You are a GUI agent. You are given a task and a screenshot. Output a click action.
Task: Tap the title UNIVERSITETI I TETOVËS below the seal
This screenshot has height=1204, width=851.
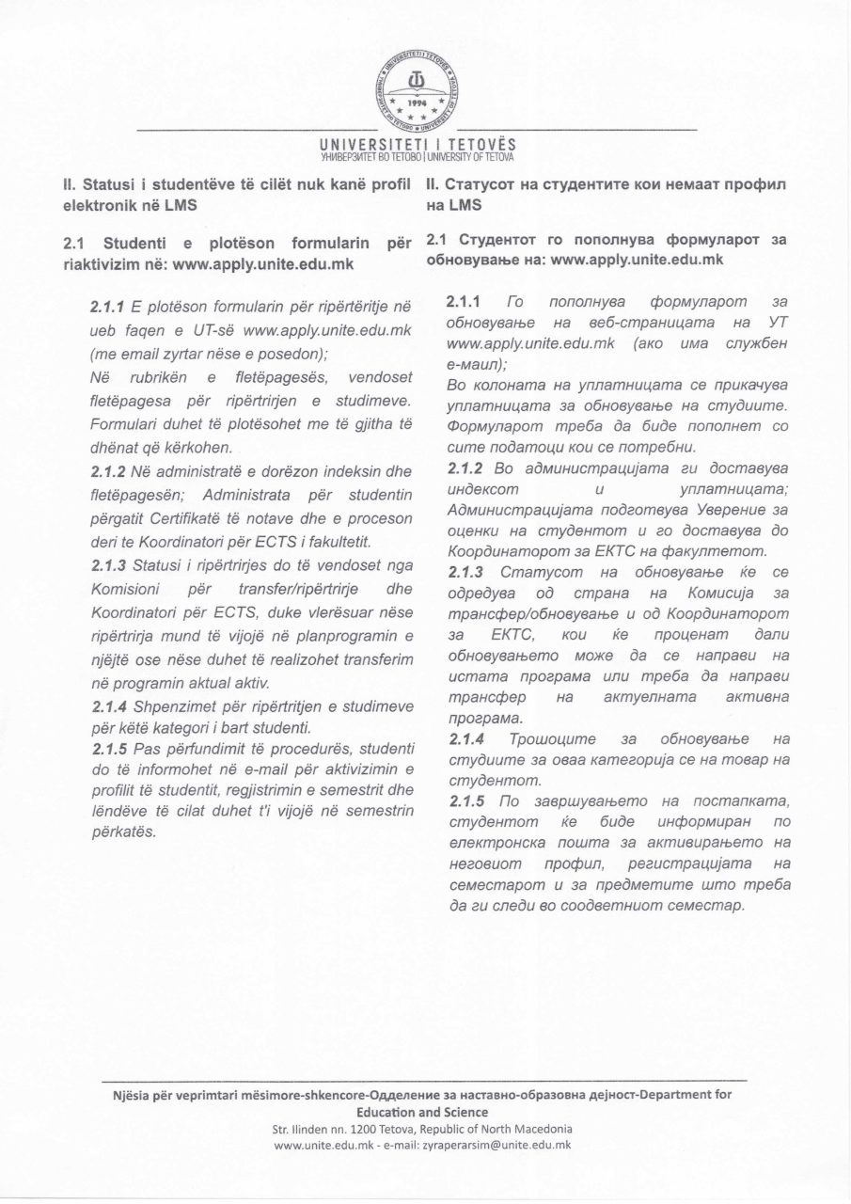click(x=418, y=144)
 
